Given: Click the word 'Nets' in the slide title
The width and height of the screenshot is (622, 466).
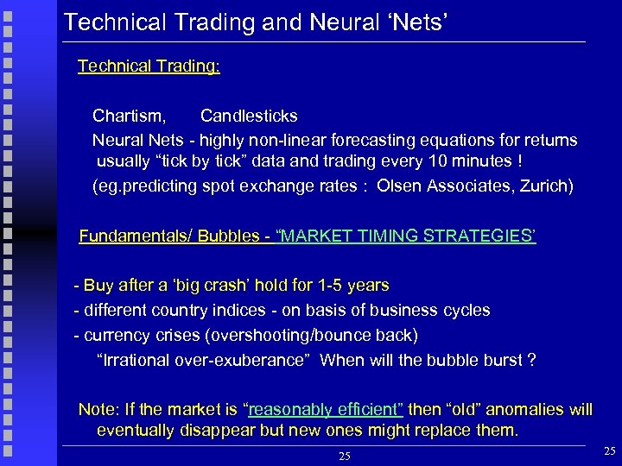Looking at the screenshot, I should click(417, 21).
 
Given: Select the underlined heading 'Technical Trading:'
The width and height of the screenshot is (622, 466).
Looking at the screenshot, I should click(149, 66).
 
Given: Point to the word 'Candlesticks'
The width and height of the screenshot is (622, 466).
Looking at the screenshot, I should click(249, 116).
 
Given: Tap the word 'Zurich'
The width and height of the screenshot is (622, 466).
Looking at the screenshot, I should click(543, 186).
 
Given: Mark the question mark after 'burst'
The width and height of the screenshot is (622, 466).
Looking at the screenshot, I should click(531, 360).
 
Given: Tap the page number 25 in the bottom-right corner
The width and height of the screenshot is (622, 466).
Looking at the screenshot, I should click(609, 451).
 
